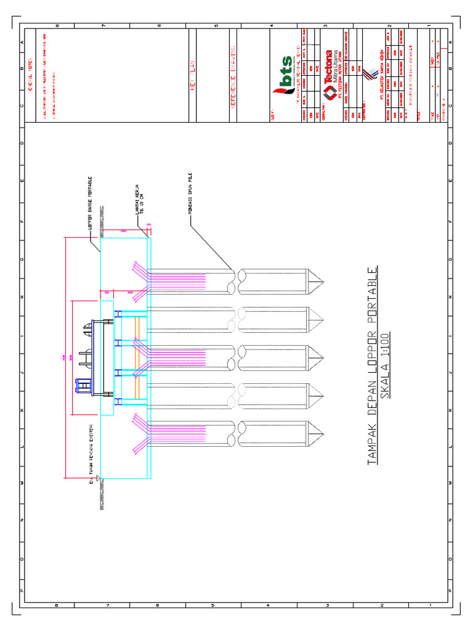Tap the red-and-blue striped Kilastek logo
click(368, 73)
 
